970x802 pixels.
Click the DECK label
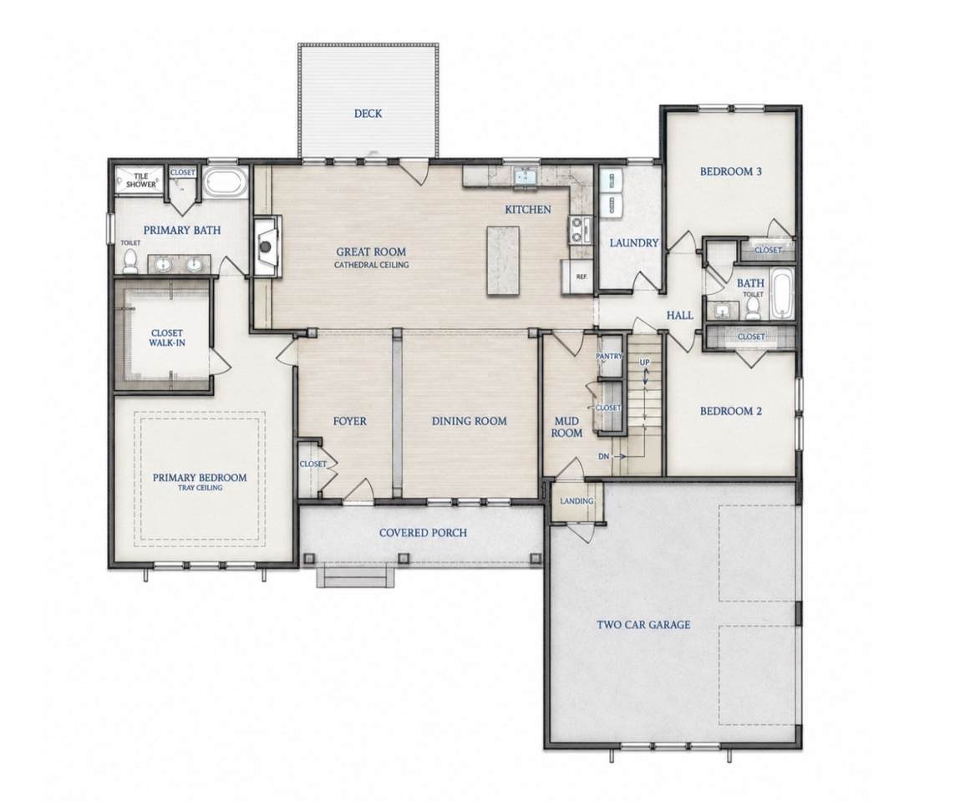368,114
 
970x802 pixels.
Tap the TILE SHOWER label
141,180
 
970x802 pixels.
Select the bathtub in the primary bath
226,182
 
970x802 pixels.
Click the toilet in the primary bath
130,261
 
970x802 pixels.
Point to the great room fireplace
266,246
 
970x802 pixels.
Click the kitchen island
503,261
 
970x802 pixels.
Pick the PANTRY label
609,357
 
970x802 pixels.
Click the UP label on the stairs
645,363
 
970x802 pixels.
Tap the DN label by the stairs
604,456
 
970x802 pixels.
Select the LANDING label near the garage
576,501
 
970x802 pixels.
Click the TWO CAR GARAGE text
643,625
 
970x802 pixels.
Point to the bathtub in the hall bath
781,294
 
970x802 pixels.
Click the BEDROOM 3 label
730,171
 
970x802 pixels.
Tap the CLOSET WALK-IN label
167,338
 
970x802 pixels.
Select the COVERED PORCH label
423,532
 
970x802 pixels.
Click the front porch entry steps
356,576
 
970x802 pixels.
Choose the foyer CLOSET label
313,464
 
